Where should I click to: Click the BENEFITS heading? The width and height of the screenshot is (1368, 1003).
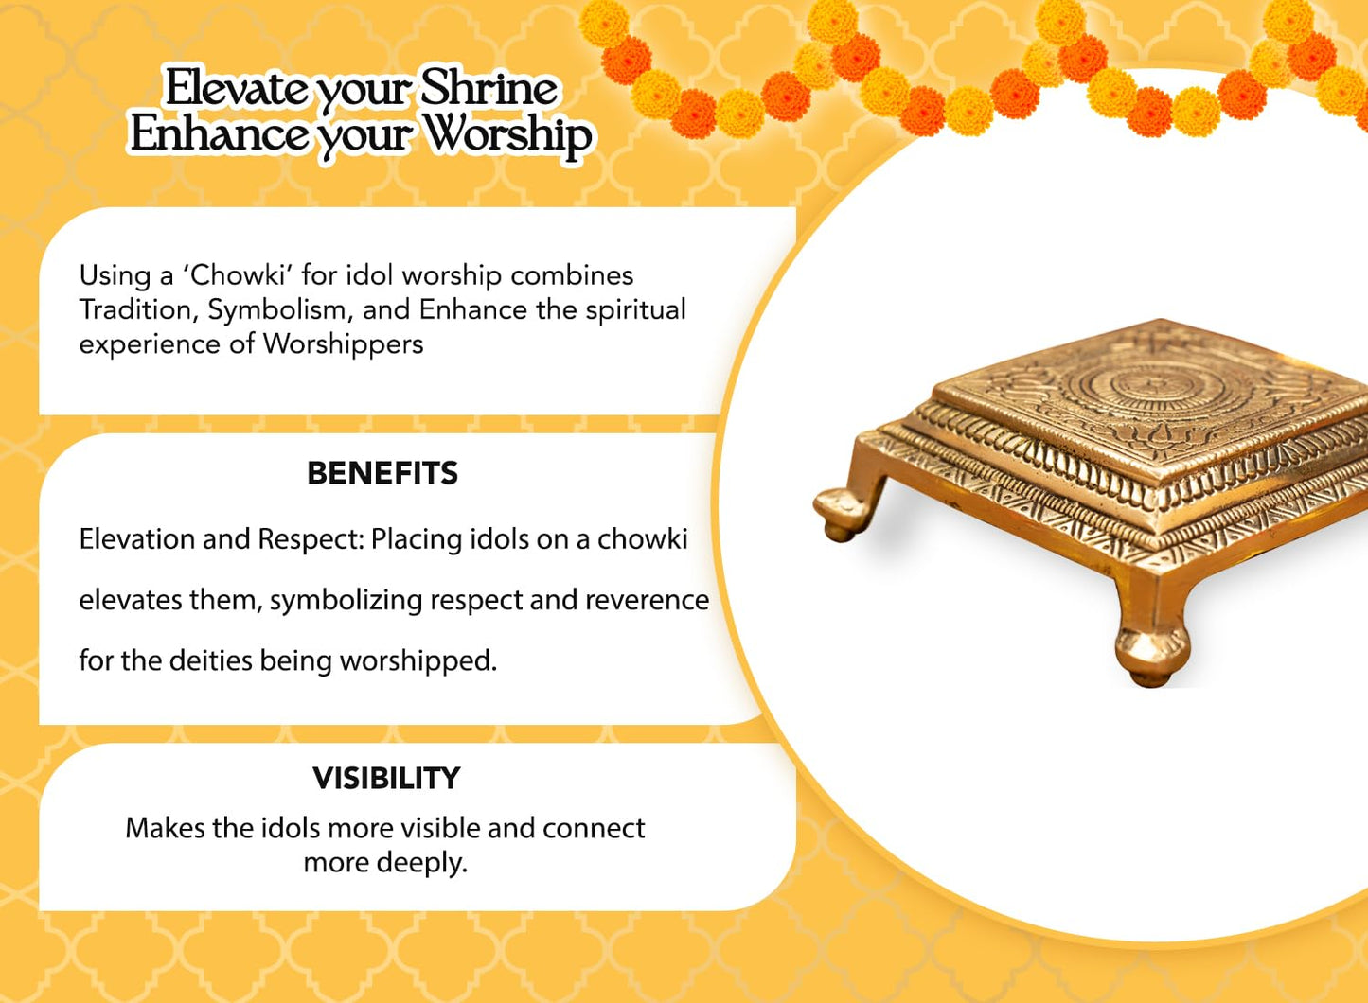click(382, 473)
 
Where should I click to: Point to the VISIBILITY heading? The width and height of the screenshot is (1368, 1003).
click(386, 778)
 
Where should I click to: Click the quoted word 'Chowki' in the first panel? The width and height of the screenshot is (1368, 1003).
click(238, 275)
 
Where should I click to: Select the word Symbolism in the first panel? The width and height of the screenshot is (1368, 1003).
click(280, 310)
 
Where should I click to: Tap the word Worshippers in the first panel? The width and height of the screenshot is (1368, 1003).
click(343, 345)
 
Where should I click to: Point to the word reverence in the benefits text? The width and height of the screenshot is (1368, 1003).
click(647, 600)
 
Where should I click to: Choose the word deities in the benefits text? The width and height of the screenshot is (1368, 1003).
click(210, 661)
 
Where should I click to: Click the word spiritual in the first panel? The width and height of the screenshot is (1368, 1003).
click(636, 310)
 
